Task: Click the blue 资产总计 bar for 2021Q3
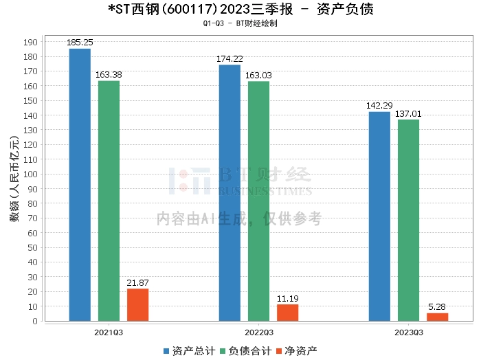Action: [80, 185]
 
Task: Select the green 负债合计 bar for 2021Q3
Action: [109, 201]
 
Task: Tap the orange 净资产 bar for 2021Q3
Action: [137, 305]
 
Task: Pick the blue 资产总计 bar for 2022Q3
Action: [230, 193]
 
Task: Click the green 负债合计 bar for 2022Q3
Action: [258, 201]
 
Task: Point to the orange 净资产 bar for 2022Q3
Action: [287, 313]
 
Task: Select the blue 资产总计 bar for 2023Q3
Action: [379, 216]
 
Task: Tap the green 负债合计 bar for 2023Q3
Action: [408, 221]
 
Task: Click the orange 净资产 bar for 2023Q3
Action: [437, 317]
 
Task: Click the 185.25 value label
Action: [80, 43]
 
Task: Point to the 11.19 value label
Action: [287, 299]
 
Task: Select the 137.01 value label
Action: [408, 114]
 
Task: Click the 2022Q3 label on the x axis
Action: [258, 332]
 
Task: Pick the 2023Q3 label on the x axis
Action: [408, 332]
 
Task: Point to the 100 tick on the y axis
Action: [31, 174]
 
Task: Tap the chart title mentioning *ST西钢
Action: [240, 10]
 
